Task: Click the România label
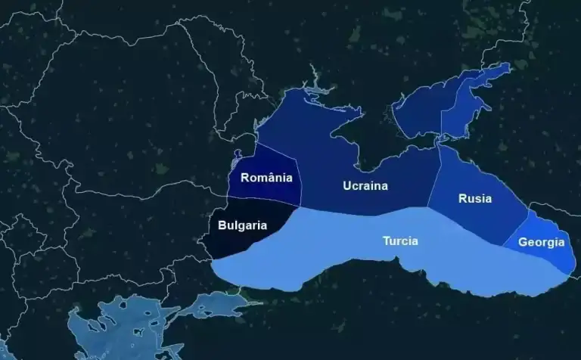click(266, 178)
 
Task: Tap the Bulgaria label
click(242, 225)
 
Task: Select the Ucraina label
click(365, 185)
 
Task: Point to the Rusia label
click(474, 198)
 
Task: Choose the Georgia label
click(541, 242)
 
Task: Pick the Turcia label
click(400, 241)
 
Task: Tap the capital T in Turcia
click(386, 241)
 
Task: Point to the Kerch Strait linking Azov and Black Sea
click(437, 140)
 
